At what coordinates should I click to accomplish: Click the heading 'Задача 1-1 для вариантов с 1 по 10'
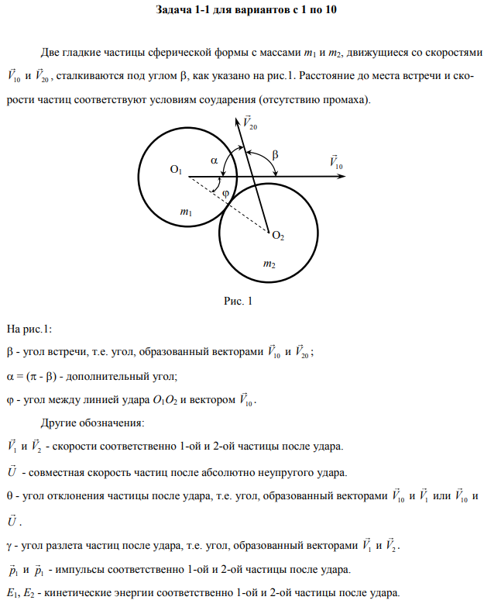pos(241,12)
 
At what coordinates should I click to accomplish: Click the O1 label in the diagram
pos(175,169)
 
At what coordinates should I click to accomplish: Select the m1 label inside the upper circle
pos(185,211)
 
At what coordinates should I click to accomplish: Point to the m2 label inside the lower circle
pos(269,264)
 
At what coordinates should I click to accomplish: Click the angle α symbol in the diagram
pos(215,160)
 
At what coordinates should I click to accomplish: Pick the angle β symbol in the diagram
pos(275,155)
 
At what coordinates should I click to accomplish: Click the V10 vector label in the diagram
pos(336,164)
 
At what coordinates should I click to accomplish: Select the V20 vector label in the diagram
pos(249,122)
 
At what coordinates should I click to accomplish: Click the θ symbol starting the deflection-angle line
pos(9,493)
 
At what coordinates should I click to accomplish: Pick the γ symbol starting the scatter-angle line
pos(9,545)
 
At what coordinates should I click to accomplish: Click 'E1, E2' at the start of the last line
pos(21,593)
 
